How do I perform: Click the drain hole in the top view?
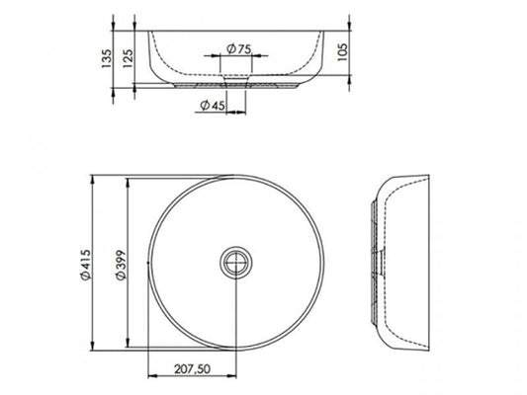234,263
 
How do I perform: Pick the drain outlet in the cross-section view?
234,82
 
